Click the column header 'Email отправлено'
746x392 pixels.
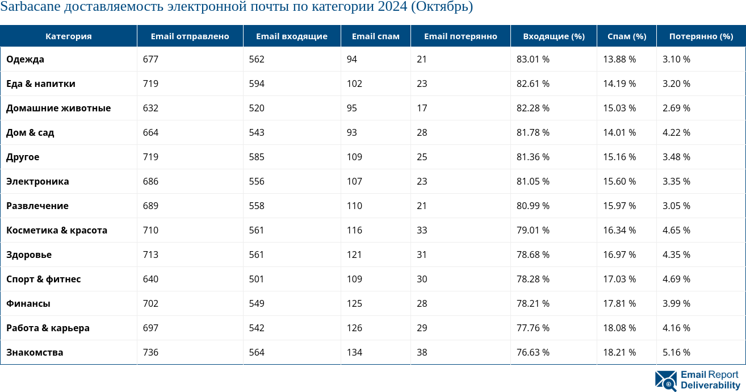click(x=190, y=36)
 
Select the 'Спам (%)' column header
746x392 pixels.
click(x=627, y=36)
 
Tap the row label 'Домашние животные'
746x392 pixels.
click(x=58, y=108)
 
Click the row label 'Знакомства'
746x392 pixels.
click(x=35, y=352)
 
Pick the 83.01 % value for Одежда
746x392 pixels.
click(x=533, y=59)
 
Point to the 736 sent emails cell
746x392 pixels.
click(x=150, y=352)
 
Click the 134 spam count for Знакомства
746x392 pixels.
click(x=354, y=352)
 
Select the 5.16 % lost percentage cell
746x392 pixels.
click(x=676, y=352)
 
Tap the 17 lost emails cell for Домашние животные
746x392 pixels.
click(x=422, y=108)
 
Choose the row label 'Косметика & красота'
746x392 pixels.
click(x=57, y=230)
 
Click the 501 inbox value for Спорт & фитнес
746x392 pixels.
click(x=257, y=279)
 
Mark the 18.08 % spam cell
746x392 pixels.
click(x=619, y=328)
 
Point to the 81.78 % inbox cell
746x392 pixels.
click(x=533, y=132)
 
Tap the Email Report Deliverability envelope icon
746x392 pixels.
click(x=665, y=381)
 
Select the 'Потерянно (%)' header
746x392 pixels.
click(x=701, y=36)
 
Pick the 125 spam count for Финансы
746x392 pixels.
click(x=354, y=303)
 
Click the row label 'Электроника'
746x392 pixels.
click(x=37, y=181)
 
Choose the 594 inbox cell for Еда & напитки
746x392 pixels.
click(x=257, y=84)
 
